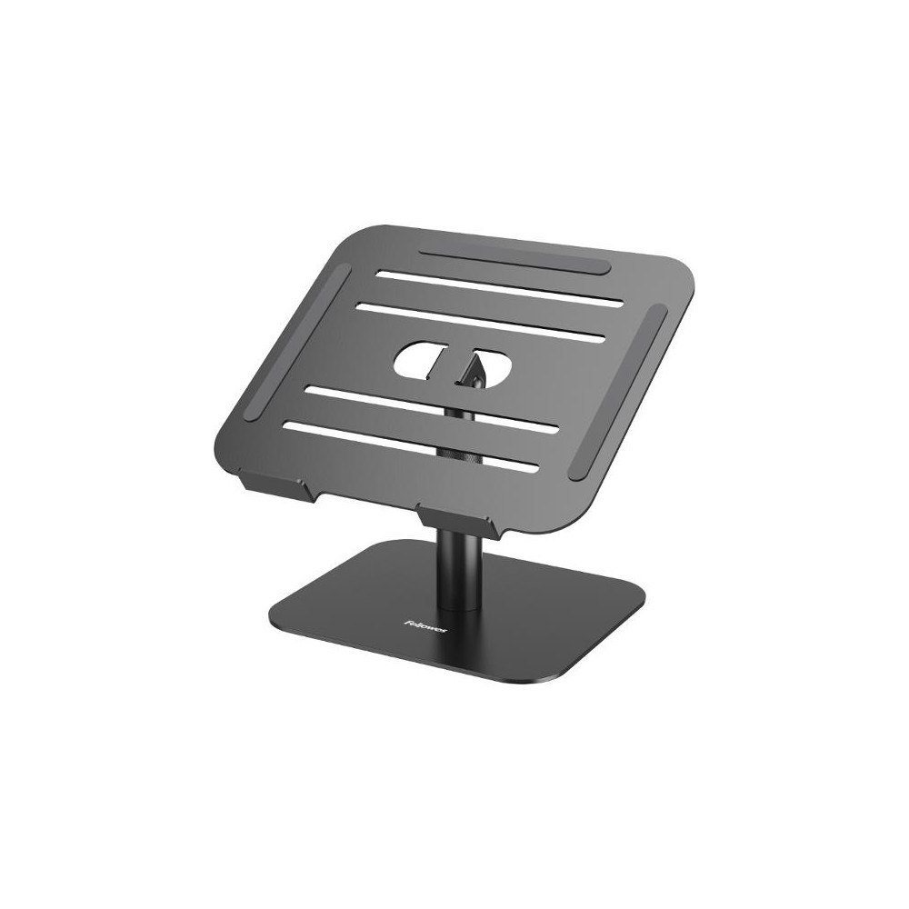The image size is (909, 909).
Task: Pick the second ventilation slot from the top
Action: [x=482, y=320]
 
